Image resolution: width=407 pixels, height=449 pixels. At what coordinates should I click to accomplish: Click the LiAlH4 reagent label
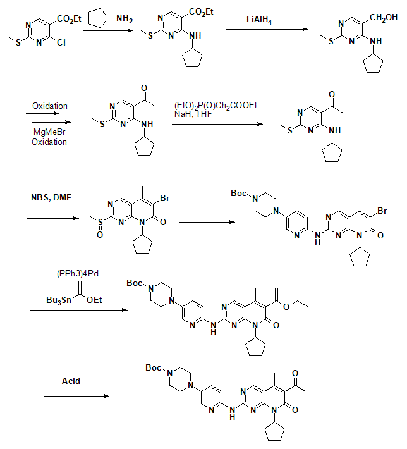coord(259,20)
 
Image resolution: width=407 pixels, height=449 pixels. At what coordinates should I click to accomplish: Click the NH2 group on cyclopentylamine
coord(125,19)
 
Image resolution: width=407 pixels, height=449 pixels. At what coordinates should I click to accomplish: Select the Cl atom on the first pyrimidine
coord(61,42)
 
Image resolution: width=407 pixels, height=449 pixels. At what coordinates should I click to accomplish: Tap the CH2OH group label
coord(384,18)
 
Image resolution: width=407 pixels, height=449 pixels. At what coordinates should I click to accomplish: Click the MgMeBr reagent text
coord(49,132)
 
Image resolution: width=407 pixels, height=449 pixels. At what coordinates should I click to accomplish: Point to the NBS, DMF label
coord(51,197)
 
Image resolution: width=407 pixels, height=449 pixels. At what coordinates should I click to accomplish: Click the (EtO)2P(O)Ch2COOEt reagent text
coord(216,106)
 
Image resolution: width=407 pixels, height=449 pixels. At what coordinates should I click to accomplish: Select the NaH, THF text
coord(193,114)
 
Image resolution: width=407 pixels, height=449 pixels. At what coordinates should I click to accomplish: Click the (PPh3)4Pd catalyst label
coord(78,273)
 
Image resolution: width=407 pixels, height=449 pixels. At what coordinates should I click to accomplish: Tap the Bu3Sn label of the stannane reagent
coord(59,300)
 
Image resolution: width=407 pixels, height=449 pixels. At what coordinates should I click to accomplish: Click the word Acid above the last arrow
coord(71,381)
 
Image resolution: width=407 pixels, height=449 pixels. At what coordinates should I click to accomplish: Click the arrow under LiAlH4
coord(267,29)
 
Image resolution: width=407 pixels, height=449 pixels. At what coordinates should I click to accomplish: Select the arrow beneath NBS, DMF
coord(53,218)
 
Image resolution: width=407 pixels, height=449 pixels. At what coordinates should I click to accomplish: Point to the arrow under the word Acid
coord(76,396)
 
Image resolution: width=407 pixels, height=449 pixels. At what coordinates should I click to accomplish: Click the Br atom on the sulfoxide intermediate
coord(165,198)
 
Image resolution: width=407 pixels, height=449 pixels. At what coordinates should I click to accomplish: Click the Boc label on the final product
coord(154,367)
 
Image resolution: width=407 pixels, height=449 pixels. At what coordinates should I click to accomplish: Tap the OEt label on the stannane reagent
coord(94,300)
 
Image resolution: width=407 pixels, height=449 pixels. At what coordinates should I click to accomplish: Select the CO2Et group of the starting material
coord(69,19)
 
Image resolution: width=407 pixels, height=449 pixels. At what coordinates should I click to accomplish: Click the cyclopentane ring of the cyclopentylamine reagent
coord(98,18)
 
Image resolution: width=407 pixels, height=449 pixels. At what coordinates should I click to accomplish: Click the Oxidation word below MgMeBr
coord(49,142)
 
